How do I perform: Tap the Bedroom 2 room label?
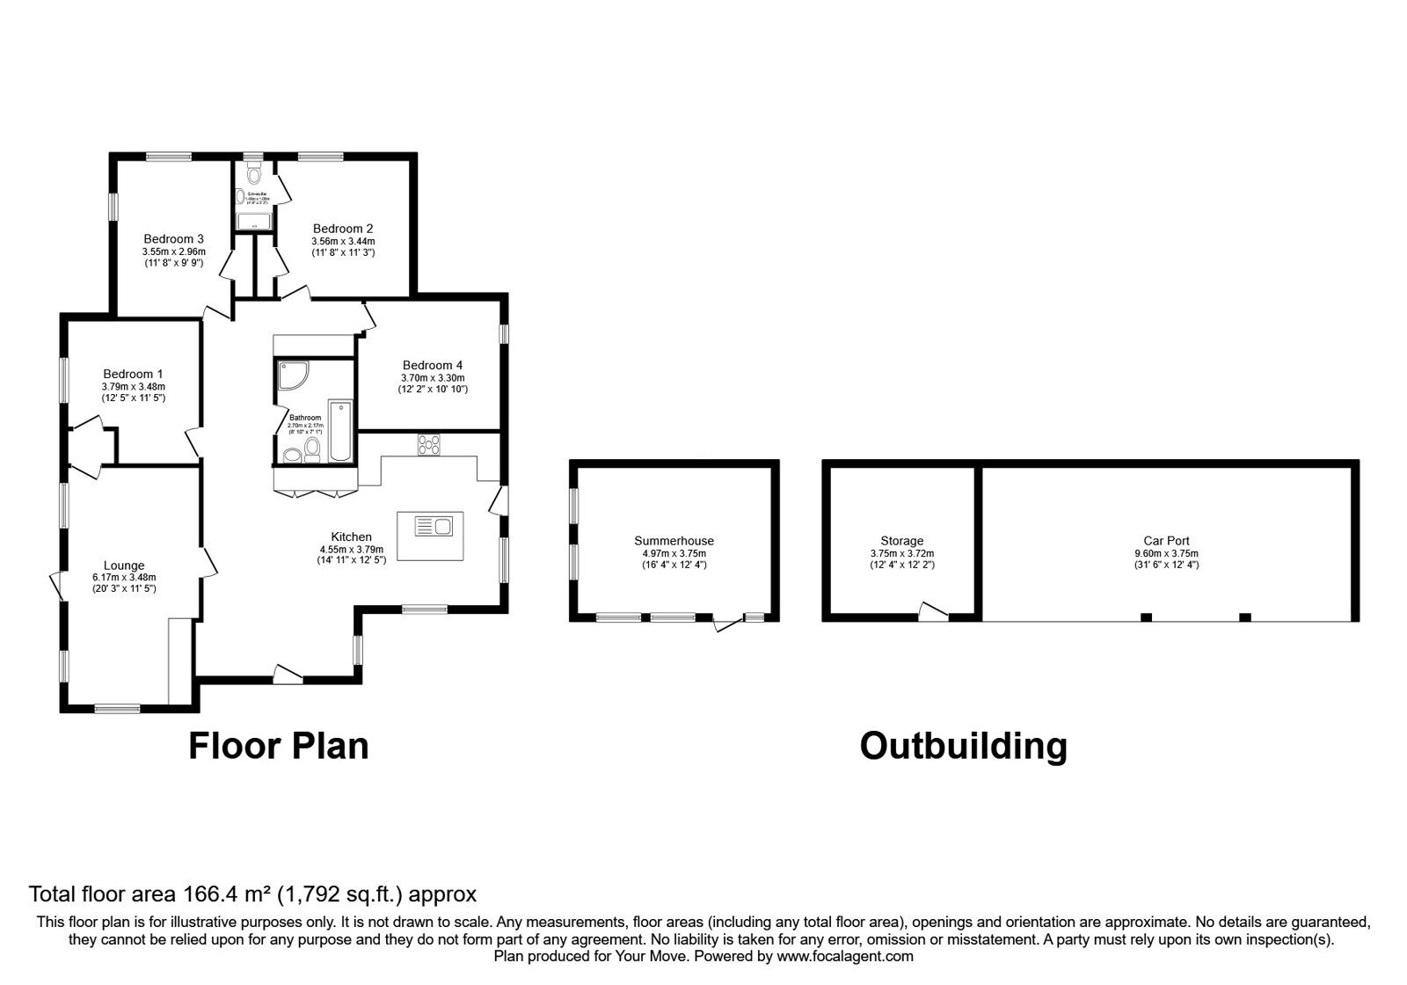pos(343,229)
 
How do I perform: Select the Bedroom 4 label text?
pos(433,365)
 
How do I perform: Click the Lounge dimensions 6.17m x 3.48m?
pos(123,578)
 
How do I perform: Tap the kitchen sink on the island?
pos(432,527)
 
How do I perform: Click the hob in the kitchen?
pos(429,445)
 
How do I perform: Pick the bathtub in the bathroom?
pos(339,432)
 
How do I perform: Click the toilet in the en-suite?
pos(254,175)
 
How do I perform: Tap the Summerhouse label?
pos(674,541)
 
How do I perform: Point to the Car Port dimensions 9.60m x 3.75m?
pos(1166,553)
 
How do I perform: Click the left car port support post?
pos(1146,617)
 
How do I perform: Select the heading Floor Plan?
pos(279,746)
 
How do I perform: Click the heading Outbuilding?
pos(963,746)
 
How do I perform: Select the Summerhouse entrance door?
pos(728,624)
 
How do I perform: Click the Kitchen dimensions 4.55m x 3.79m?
pos(351,549)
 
